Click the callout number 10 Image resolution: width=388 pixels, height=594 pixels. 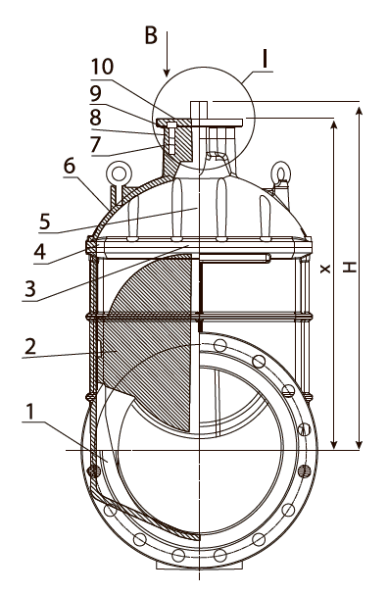point(102,67)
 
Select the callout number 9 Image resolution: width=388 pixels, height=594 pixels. point(95,93)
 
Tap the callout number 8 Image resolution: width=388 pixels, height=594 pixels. point(95,118)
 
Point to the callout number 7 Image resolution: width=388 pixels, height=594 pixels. point(96,144)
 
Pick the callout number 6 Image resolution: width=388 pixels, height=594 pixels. point(70,167)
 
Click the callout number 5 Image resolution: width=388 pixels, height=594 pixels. point(45,222)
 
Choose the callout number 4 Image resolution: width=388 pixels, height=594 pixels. point(40,252)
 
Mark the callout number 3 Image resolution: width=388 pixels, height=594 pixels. point(30,289)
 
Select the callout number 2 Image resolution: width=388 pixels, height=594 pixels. point(30,347)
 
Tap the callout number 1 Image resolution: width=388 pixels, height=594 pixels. point(30,412)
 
